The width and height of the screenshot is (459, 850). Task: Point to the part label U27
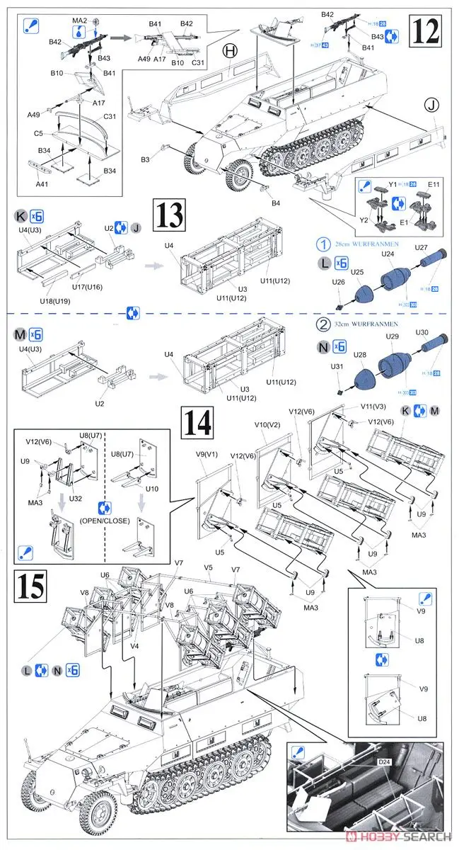coord(422,247)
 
